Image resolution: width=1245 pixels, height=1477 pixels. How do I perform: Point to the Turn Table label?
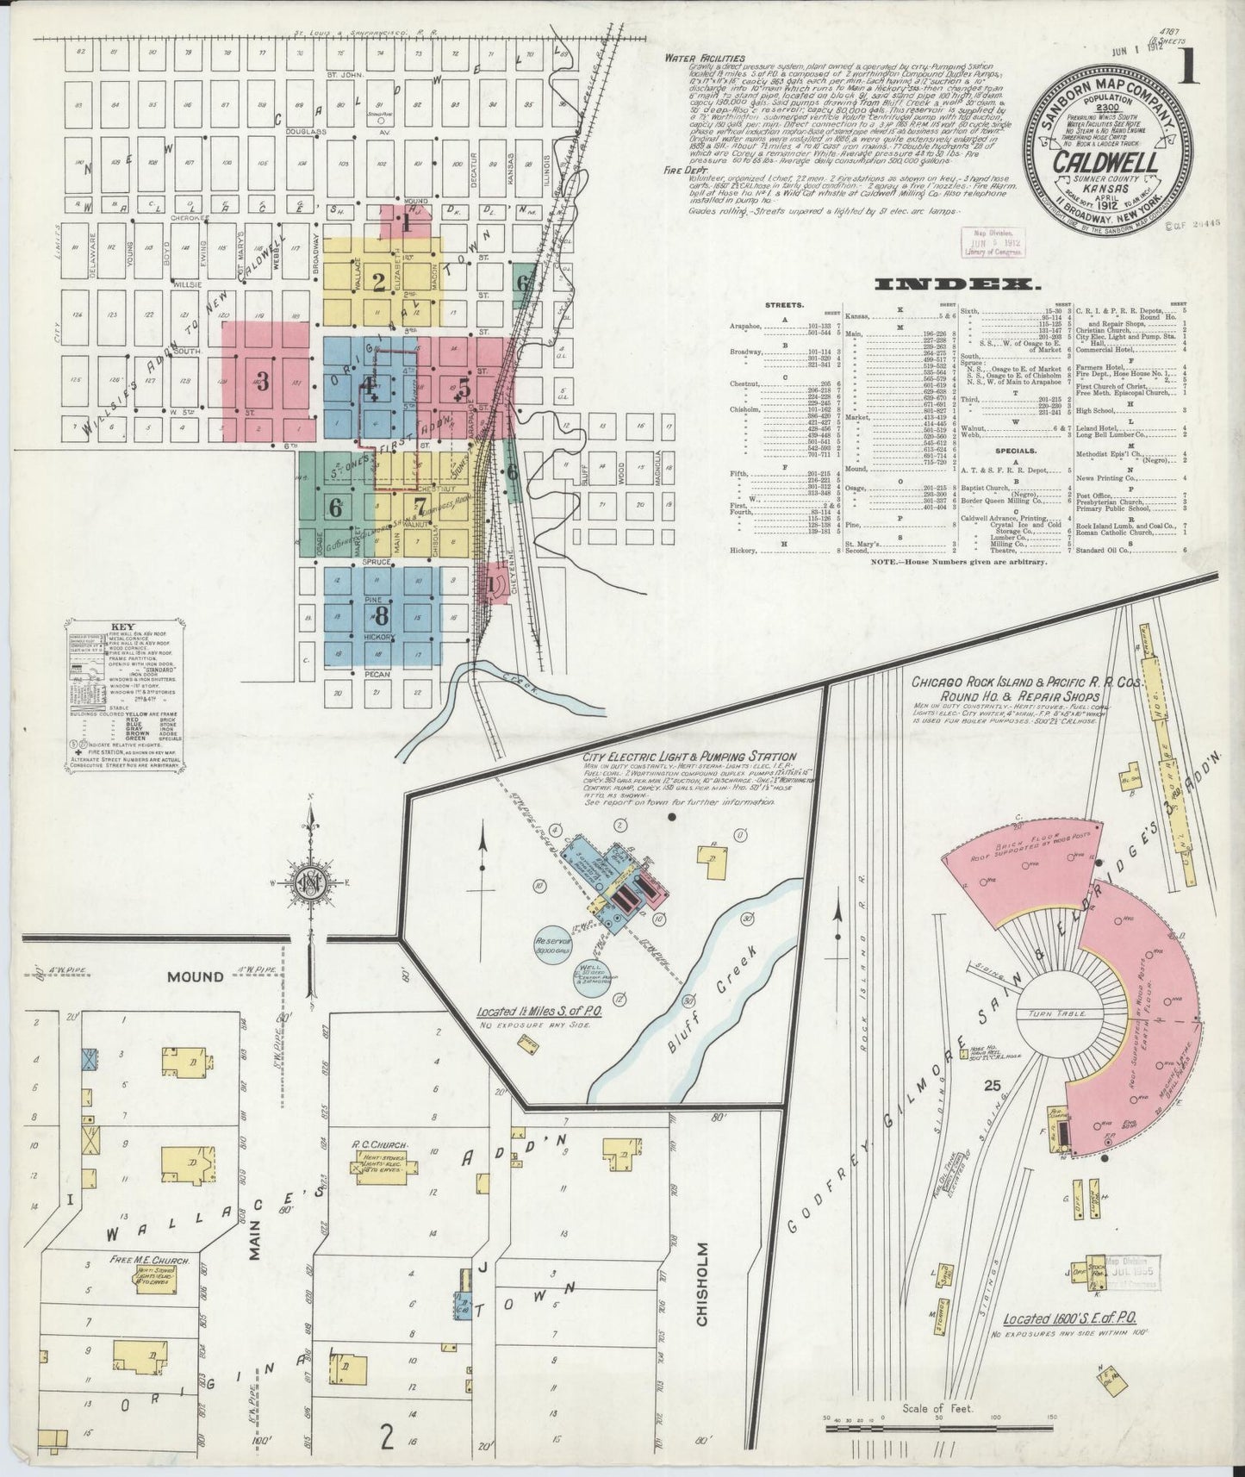pyautogui.click(x=1055, y=1015)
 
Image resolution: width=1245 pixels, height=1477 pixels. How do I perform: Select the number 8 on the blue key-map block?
pyautogui.click(x=379, y=614)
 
